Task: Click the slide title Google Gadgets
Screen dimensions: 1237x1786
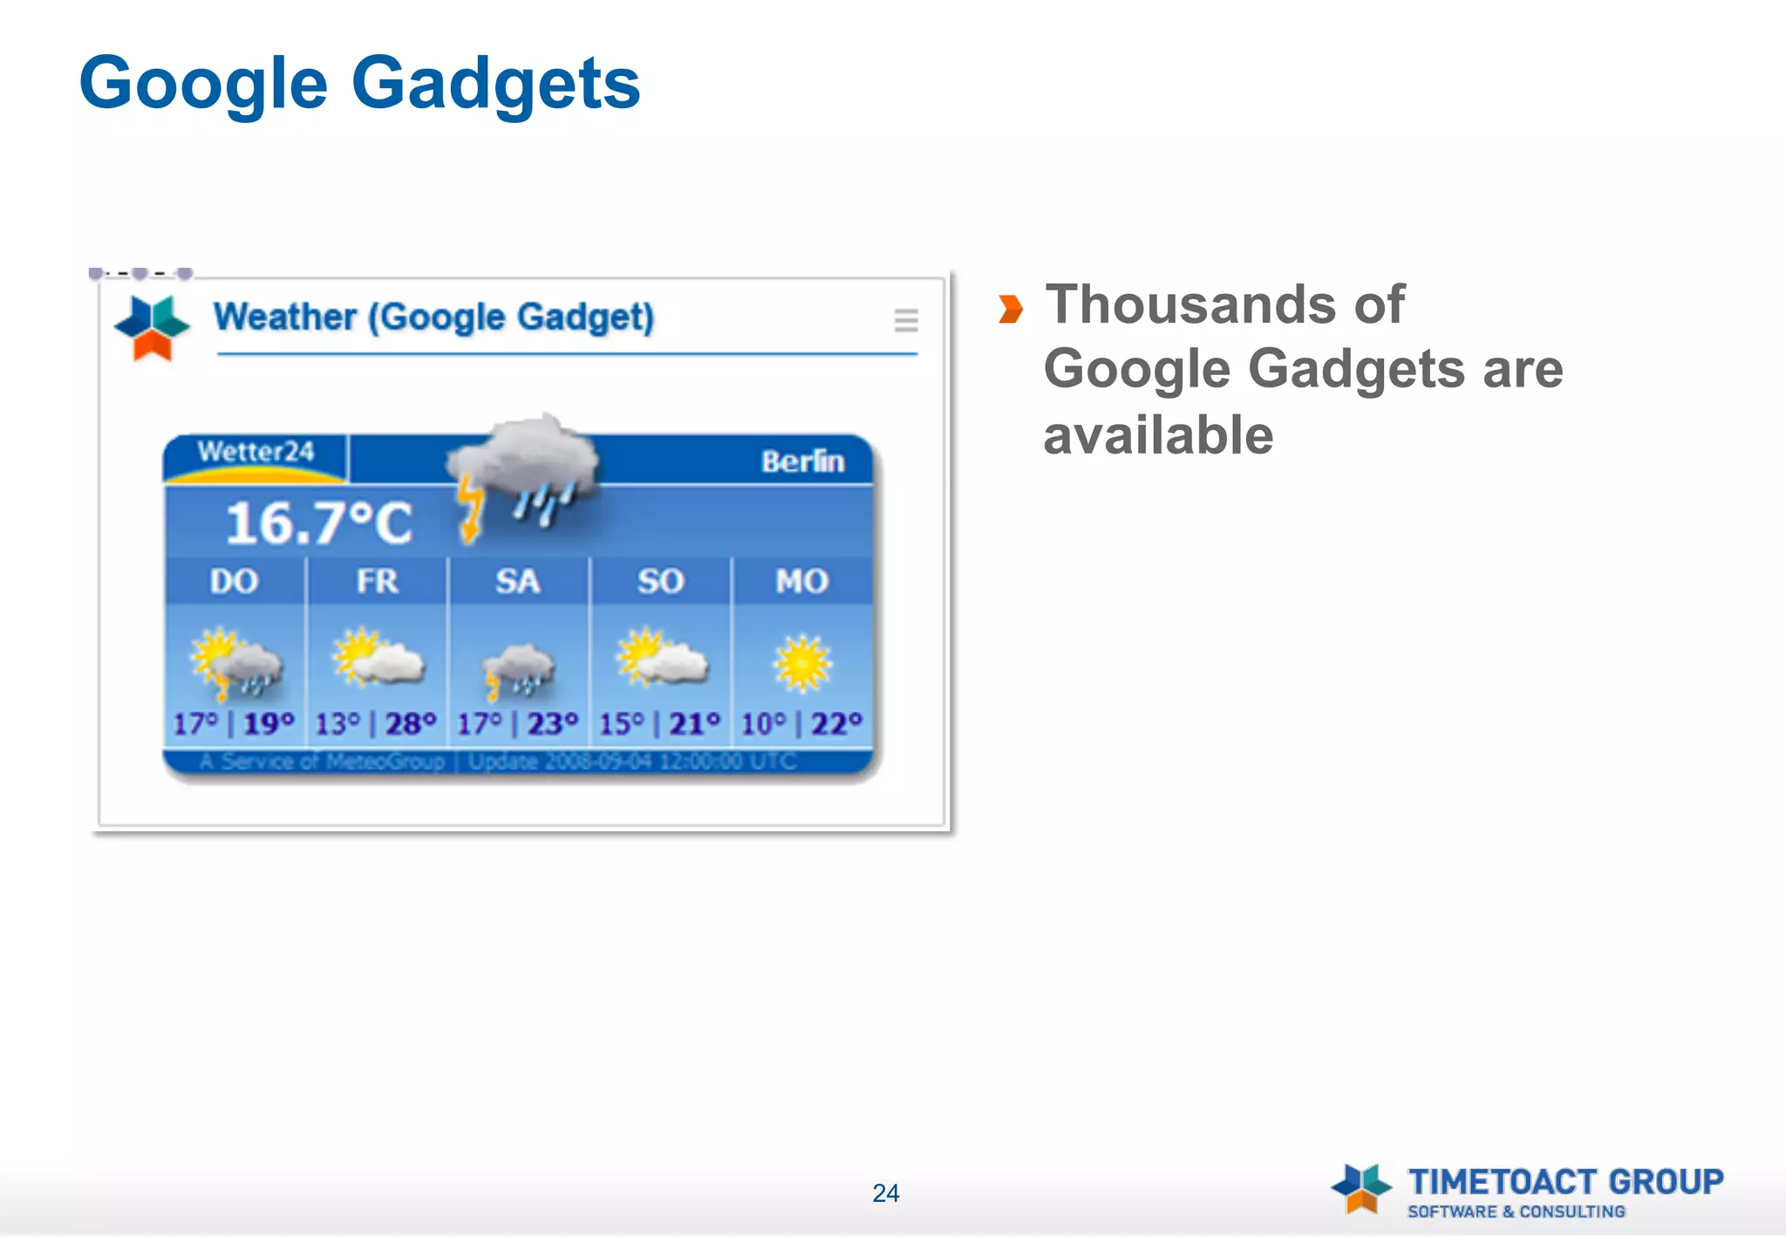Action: pyautogui.click(x=359, y=84)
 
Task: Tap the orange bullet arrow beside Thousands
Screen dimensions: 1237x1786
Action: pyautogui.click(x=1010, y=309)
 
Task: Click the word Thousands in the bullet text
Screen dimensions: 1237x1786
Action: pyautogui.click(x=1191, y=304)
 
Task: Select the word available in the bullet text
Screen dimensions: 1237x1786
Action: pyautogui.click(x=1158, y=435)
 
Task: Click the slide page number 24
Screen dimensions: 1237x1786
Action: pyautogui.click(x=885, y=1193)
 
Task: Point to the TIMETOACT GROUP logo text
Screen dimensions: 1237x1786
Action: pyautogui.click(x=1565, y=1182)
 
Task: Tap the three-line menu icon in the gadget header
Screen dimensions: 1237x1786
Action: pyautogui.click(x=906, y=320)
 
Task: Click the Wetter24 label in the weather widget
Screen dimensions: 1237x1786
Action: pyautogui.click(x=256, y=451)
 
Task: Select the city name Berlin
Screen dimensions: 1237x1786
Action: pyautogui.click(x=802, y=461)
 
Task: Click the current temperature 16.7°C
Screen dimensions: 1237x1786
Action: pyautogui.click(x=318, y=523)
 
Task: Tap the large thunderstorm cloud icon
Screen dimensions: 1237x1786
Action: pyautogui.click(x=523, y=471)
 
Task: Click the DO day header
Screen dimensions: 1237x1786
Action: pyautogui.click(x=234, y=581)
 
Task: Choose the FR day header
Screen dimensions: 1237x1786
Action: pyautogui.click(x=377, y=581)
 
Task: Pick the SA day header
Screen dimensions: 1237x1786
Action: pyautogui.click(x=518, y=581)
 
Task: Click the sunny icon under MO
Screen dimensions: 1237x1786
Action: pyautogui.click(x=802, y=663)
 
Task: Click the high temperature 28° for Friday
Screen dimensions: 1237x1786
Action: pyautogui.click(x=411, y=724)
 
